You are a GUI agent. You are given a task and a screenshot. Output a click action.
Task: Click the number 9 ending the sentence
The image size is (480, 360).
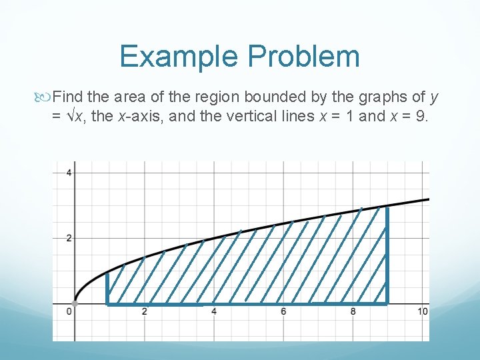point(422,117)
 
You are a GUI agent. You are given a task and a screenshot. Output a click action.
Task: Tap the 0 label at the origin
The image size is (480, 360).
point(69,312)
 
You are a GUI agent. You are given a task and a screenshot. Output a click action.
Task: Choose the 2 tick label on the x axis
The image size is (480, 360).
point(145,312)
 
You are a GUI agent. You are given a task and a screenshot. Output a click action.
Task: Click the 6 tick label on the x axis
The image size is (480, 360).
point(283,312)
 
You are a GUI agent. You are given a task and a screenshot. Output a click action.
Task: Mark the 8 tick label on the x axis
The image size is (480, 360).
point(353,312)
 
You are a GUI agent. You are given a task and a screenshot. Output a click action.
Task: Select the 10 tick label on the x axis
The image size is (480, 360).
point(423,312)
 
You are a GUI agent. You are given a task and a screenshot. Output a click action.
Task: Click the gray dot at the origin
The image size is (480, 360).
point(75,304)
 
